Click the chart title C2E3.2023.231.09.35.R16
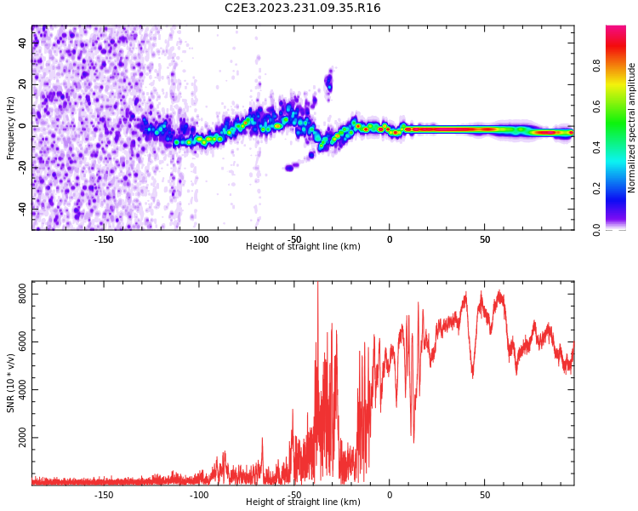(302, 8)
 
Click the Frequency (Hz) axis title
(10, 128)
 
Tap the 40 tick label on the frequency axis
(22, 43)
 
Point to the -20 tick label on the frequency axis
(22, 167)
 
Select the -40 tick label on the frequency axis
(22, 209)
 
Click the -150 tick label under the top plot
(103, 239)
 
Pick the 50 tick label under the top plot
(485, 239)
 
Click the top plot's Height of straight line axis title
(303, 246)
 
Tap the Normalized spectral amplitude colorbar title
(631, 128)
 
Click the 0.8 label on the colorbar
(596, 66)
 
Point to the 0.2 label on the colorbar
(596, 188)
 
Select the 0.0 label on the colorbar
(596, 230)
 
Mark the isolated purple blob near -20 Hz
(290, 167)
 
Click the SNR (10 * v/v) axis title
(10, 383)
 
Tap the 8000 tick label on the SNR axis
(22, 294)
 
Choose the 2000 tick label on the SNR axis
(22, 437)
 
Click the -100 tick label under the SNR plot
(198, 495)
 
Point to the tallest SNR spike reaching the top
(318, 283)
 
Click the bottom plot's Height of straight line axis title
(303, 502)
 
